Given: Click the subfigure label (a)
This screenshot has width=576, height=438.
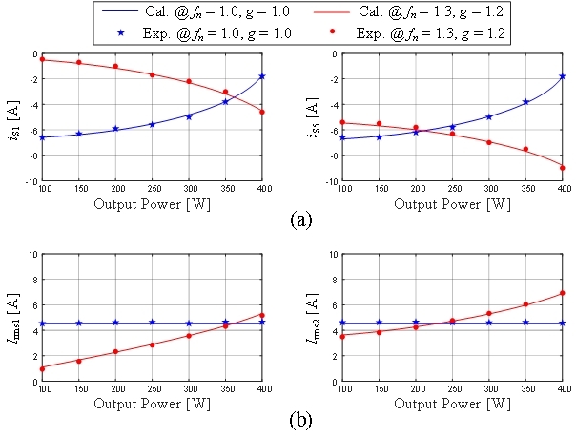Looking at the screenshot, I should pos(298,218).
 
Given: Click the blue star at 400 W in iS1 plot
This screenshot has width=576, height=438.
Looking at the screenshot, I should pos(262,76).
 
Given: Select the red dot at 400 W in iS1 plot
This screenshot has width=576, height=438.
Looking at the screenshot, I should pos(262,112).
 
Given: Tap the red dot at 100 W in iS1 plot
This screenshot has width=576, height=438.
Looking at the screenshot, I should pos(43,59).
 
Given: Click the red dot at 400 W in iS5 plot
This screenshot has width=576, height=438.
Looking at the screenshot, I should pos(563,167).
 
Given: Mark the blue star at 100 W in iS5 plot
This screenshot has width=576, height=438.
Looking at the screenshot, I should pos(343,137).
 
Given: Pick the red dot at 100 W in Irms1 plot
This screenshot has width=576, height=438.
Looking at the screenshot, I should pos(43,368).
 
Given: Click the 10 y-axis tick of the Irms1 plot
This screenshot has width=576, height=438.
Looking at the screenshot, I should pos(32,254).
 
